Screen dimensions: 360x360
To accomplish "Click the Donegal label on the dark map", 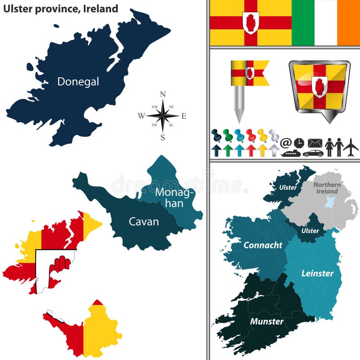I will coord(78,81).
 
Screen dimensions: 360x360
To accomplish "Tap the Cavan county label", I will coord(144,221).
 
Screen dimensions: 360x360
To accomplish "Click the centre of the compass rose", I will coord(162,115).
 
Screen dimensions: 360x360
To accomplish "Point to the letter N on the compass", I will coord(163,94).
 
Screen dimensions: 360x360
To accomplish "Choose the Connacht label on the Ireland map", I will coord(263,245).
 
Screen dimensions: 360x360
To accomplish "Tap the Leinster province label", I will coord(317,273).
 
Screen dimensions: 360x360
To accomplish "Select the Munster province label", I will coord(267,321).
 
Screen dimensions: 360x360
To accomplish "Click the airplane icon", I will coord(351,146).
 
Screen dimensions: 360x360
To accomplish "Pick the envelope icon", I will coord(315,143).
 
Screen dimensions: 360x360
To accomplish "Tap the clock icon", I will coord(299,143).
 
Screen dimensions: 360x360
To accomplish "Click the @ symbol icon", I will coord(286,143).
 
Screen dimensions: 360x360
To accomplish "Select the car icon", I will coord(313,153).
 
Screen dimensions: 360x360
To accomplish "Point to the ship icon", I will coord(291,153).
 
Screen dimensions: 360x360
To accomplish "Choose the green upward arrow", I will coord(228,150).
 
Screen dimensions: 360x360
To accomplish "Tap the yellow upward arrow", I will coord(262,150).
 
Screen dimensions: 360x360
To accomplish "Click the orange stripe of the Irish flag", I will coord(348,22).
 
